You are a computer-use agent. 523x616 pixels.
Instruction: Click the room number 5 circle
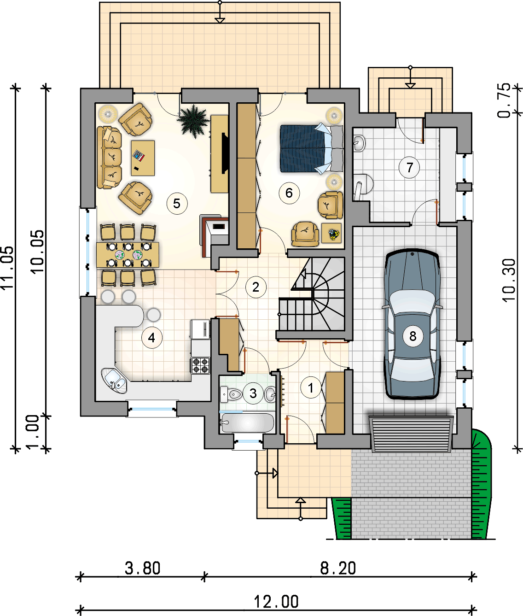177,204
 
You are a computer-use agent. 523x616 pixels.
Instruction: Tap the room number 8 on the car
413,336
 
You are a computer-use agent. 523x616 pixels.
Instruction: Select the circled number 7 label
409,168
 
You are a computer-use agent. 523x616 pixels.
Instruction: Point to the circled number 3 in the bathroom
253,393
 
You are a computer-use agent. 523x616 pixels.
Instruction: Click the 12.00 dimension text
276,602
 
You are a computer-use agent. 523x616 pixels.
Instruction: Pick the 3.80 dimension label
142,568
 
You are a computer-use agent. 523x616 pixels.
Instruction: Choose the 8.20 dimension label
338,568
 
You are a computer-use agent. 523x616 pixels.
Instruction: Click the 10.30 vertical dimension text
509,280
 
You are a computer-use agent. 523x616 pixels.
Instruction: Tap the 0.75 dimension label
504,100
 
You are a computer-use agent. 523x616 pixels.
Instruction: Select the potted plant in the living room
193,121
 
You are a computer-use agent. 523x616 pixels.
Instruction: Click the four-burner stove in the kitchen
200,366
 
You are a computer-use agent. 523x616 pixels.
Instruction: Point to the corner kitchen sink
114,381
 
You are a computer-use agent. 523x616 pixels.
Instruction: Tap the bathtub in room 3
247,423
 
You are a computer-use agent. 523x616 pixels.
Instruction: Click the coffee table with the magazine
143,158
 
